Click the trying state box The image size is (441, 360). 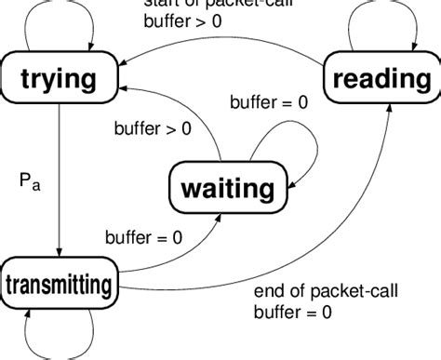coord(59,77)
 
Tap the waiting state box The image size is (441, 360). coord(228,189)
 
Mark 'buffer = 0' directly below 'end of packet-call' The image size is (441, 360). coord(293,314)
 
